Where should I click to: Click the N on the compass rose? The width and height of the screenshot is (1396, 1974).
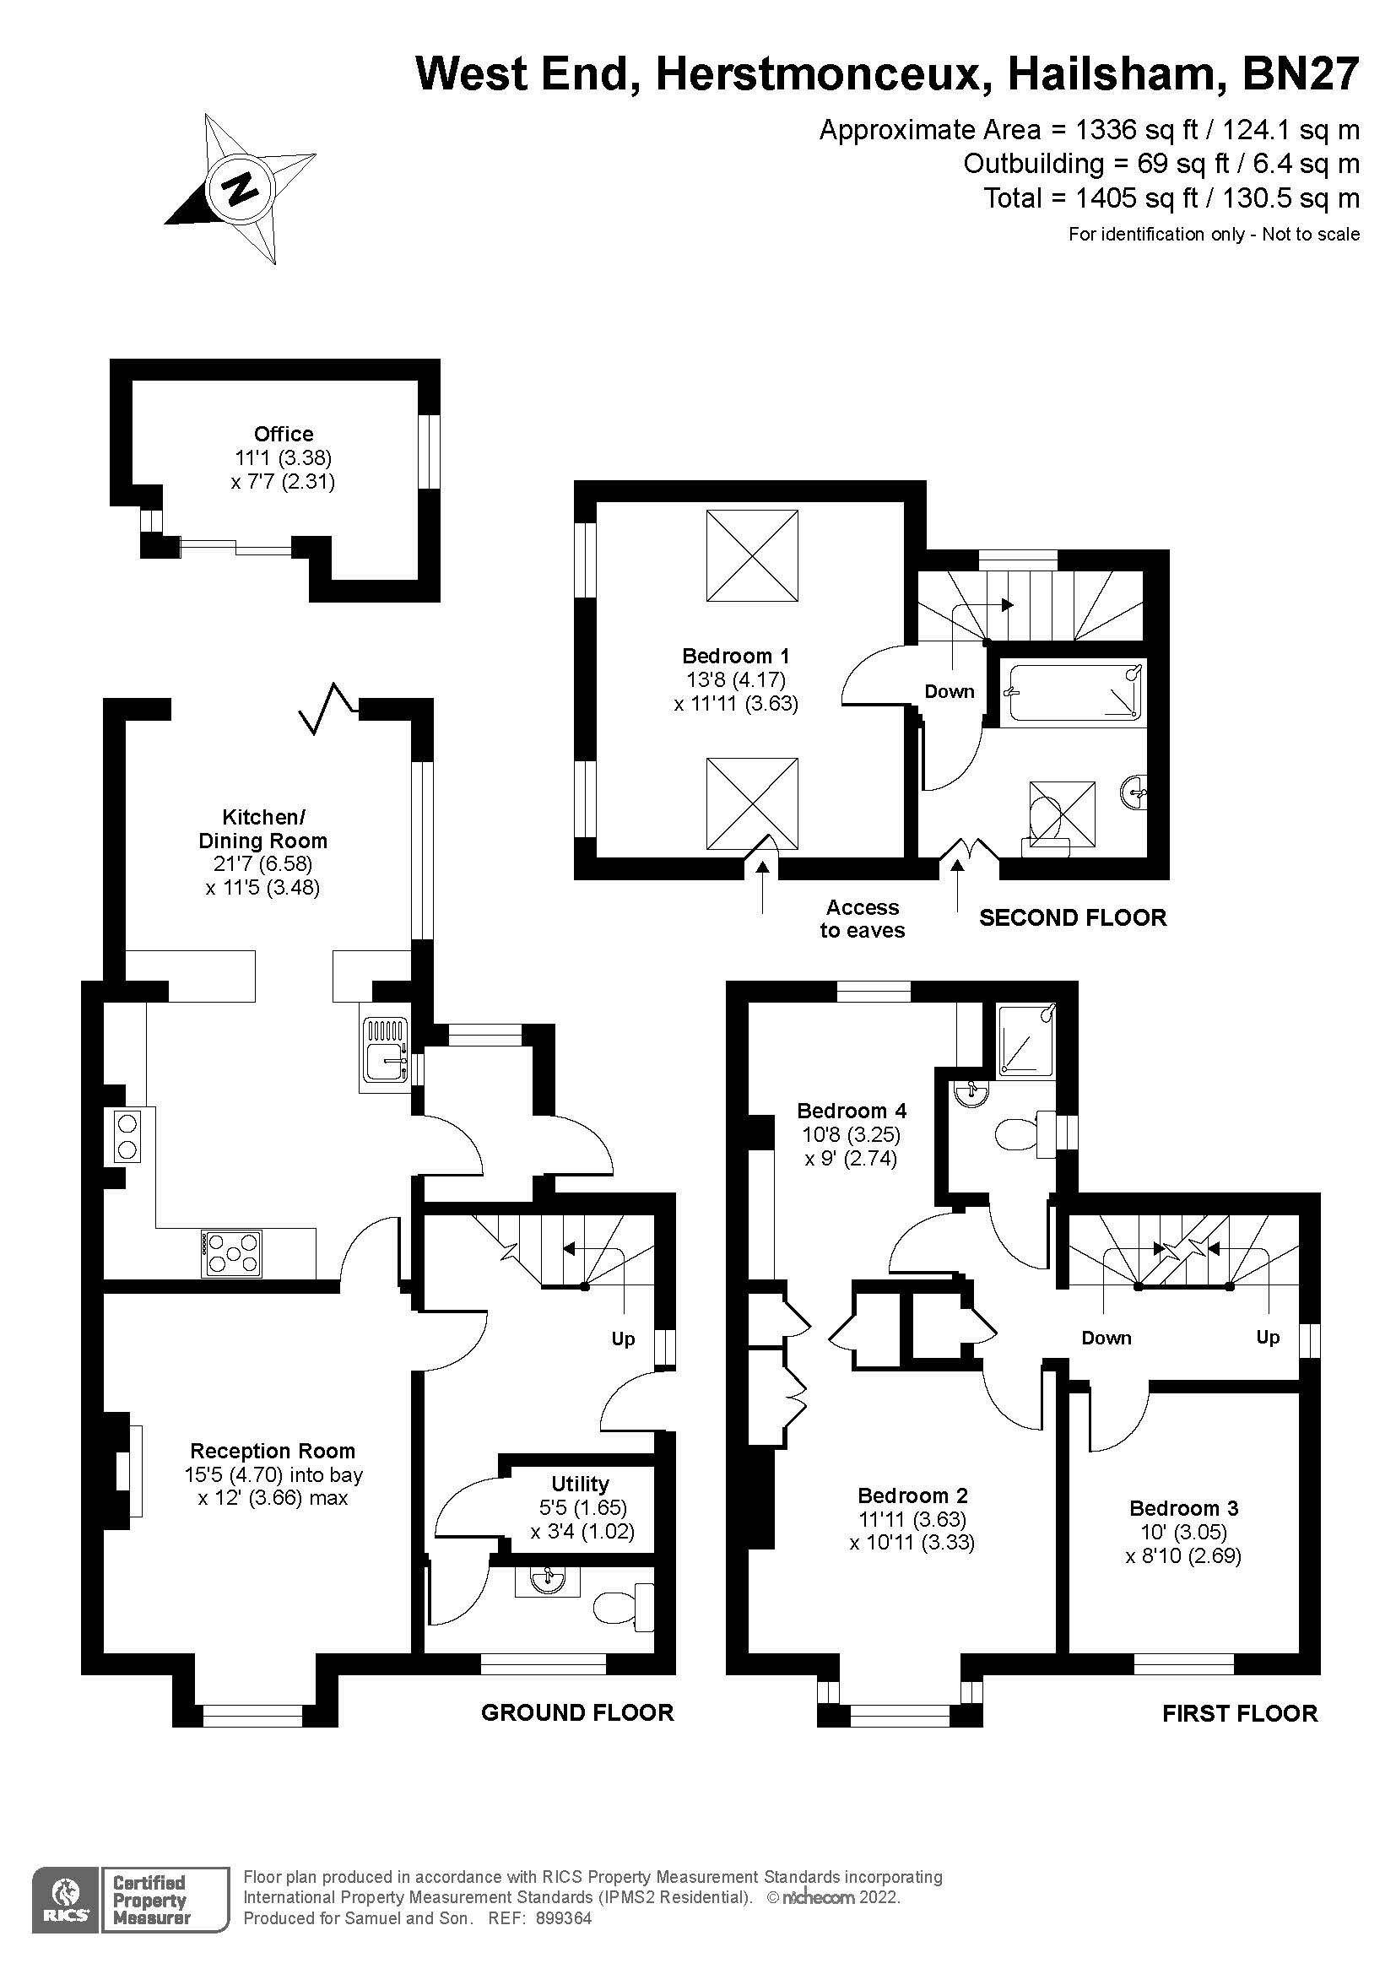click(x=241, y=187)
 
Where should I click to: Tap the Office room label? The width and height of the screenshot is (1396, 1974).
click(x=284, y=434)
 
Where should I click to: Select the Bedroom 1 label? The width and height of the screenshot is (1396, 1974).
click(x=736, y=656)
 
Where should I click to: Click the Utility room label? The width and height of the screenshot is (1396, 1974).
click(x=580, y=1484)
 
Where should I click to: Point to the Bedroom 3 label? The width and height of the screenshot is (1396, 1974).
click(x=1183, y=1508)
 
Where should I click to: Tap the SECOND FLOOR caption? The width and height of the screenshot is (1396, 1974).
click(x=1073, y=917)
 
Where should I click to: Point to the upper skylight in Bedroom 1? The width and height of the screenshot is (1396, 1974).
click(x=752, y=555)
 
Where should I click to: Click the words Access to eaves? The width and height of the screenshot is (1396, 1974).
click(x=863, y=919)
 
